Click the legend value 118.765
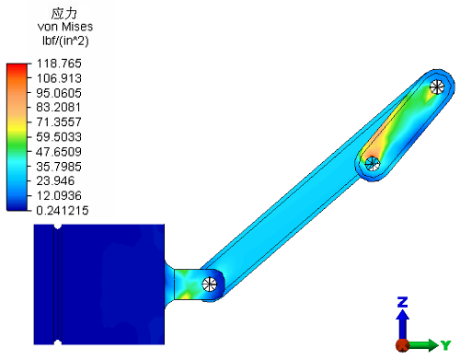[x=59, y=64]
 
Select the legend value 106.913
[x=59, y=78]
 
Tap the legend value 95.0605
[x=59, y=93]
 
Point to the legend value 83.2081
[x=59, y=108]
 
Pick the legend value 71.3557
[x=59, y=122]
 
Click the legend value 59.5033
[x=59, y=137]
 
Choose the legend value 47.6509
[x=59, y=152]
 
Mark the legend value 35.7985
[x=59, y=167]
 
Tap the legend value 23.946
[x=55, y=180]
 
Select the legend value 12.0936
[x=59, y=195]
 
